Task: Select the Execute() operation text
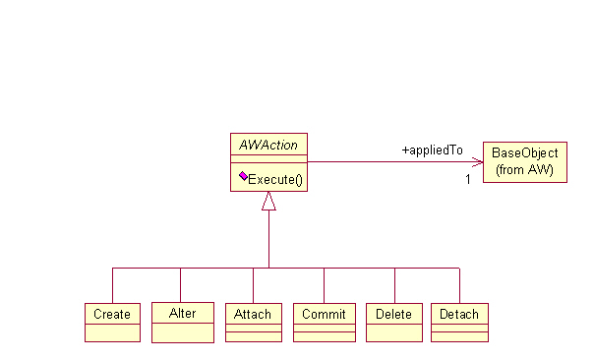[x=275, y=179]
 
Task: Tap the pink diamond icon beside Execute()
[x=242, y=178]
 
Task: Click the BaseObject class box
[x=525, y=161]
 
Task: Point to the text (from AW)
[x=525, y=170]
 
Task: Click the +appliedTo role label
[x=432, y=150]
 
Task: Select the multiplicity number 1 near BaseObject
[x=468, y=179]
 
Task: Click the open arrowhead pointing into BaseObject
[x=477, y=162]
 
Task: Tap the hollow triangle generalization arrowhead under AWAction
[x=268, y=202]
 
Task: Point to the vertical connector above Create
[x=112, y=284]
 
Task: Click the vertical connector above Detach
[x=459, y=284]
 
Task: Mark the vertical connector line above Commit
[x=324, y=284]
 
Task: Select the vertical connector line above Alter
[x=180, y=284]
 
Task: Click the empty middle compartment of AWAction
[x=268, y=162]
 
